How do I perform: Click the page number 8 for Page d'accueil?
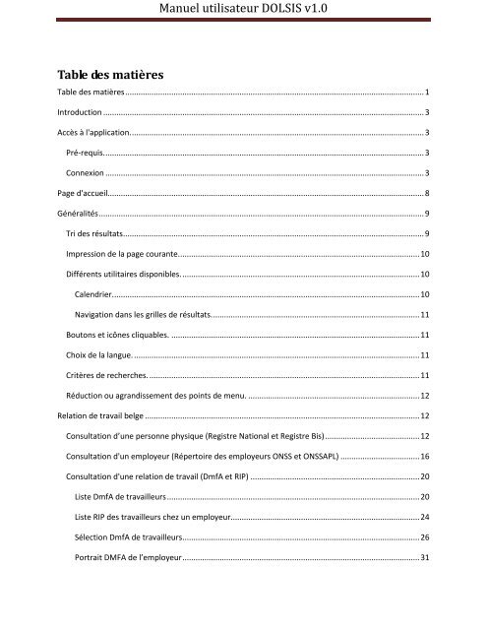(x=425, y=193)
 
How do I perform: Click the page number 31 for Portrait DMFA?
(x=424, y=559)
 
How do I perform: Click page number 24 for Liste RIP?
(x=424, y=518)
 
